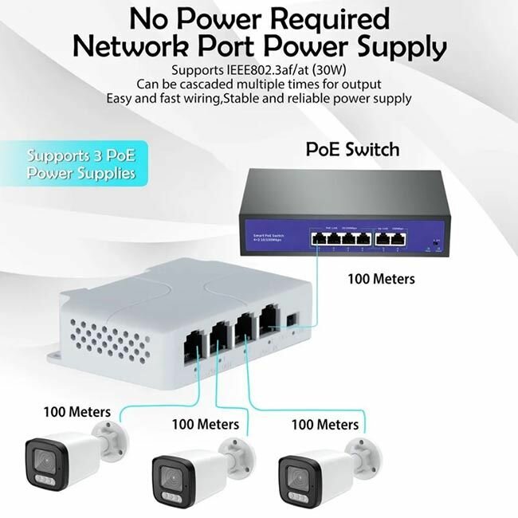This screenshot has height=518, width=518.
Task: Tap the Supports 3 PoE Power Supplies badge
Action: (x=81, y=163)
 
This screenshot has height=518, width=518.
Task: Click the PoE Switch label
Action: (x=353, y=149)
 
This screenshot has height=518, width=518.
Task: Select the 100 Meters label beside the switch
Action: (x=381, y=279)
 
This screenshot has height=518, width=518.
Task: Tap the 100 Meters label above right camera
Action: (x=325, y=425)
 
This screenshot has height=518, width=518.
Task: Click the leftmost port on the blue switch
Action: (x=317, y=237)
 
